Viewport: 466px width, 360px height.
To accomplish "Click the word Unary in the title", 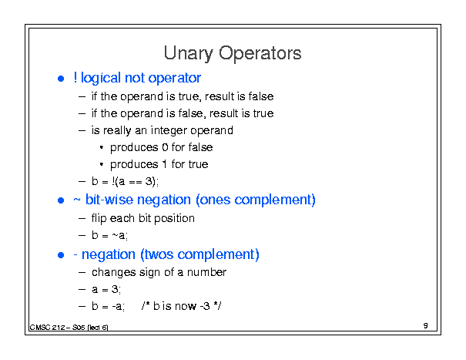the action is tap(188, 53).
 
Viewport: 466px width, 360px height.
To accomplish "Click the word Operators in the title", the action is tap(260, 53).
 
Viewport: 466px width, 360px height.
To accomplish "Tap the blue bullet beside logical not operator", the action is tap(61, 79).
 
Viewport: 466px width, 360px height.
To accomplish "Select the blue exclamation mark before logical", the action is tap(75, 78).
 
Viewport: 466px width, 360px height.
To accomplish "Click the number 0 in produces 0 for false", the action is tap(165, 147).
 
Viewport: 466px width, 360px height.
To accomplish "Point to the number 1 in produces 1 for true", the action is tap(164, 164).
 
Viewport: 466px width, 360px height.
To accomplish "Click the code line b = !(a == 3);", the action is tap(125, 181).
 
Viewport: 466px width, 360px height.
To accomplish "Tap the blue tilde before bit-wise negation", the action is tap(77, 200).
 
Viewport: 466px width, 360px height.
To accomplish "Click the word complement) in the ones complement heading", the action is tap(275, 200).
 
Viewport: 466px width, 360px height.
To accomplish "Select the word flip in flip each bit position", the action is tap(99, 219).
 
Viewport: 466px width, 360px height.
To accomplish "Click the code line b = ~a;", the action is tap(109, 235).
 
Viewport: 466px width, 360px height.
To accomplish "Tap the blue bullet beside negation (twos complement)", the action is tap(61, 255).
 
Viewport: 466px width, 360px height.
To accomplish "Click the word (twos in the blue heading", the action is tap(157, 254).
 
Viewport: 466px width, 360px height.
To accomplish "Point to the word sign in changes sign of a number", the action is tap(149, 273).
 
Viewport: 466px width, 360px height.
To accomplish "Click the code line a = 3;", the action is tap(106, 289).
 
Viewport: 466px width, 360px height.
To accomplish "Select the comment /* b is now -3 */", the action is tap(181, 306).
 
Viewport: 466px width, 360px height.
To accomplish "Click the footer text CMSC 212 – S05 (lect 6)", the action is tap(69, 328).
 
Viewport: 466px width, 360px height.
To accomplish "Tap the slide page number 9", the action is tap(426, 325).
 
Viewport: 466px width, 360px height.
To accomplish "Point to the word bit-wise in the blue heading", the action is tap(109, 200).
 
